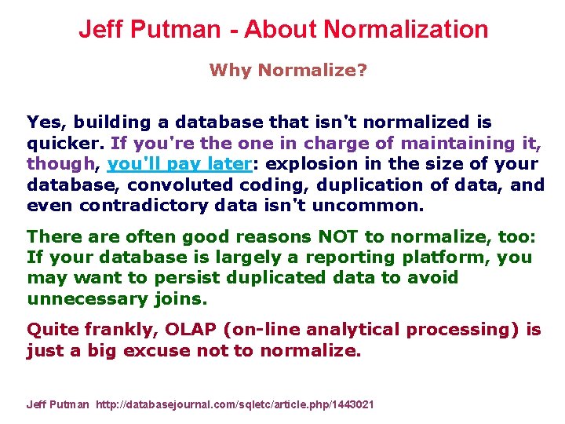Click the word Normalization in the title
pos(406,30)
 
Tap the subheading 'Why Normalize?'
pos(288,70)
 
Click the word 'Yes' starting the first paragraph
pos(43,122)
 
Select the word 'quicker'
pos(65,144)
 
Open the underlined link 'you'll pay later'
pos(178,164)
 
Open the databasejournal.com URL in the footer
pos(235,404)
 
